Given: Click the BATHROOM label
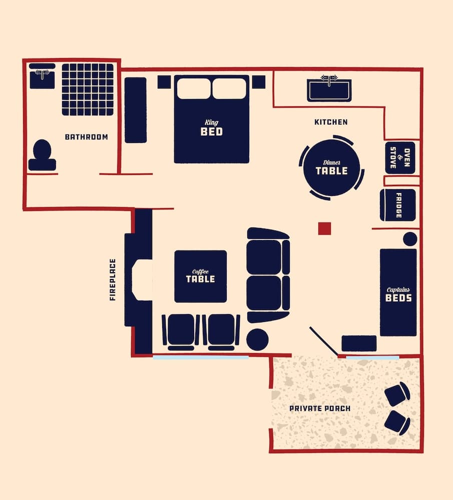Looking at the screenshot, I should click(x=86, y=137).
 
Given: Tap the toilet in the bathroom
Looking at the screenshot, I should click(x=42, y=155).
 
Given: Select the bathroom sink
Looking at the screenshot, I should click(x=42, y=76).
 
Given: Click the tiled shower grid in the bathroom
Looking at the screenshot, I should click(x=88, y=89).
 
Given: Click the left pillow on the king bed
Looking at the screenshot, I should click(x=194, y=88).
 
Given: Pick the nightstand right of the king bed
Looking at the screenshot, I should click(x=258, y=82).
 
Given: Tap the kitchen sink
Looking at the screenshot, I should click(x=329, y=88).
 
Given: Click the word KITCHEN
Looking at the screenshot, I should click(x=331, y=122).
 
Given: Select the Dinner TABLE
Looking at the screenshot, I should click(x=331, y=167).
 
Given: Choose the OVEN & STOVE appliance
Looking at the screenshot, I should click(x=400, y=158).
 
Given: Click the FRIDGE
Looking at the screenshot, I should click(x=398, y=205).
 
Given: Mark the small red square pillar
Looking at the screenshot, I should click(x=324, y=228).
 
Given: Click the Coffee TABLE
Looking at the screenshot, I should click(x=200, y=276).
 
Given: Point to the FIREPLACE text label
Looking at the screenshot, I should click(x=113, y=279).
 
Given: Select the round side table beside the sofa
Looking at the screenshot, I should click(x=257, y=339).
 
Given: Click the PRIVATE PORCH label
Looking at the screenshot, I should click(x=320, y=408).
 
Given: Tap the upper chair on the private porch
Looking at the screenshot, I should click(x=397, y=394).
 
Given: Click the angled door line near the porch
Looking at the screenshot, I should click(x=323, y=341).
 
